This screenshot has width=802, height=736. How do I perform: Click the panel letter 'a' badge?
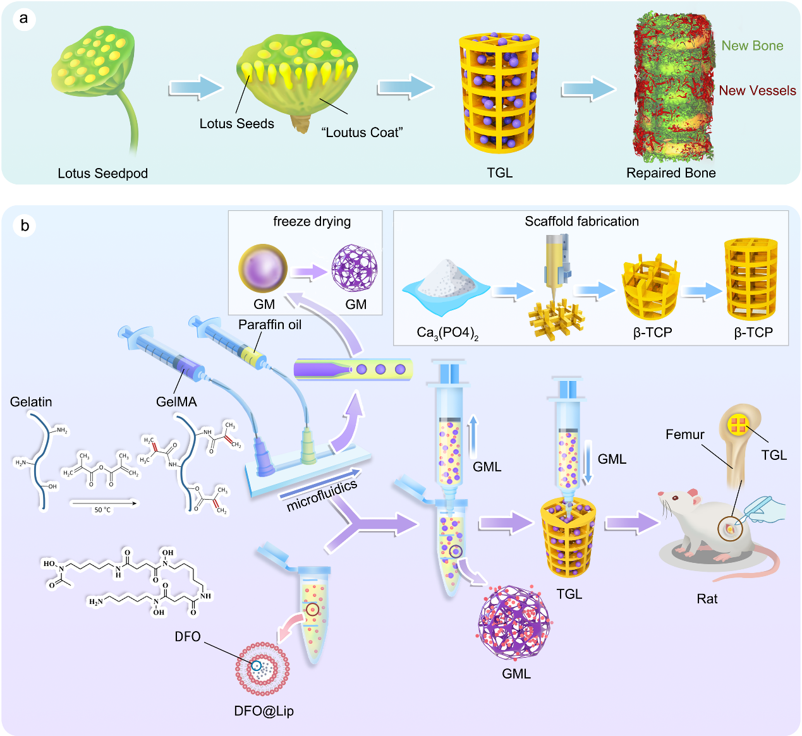click(x=24, y=18)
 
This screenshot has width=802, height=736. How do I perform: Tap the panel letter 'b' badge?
click(x=25, y=226)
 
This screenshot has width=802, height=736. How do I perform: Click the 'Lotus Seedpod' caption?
click(x=102, y=173)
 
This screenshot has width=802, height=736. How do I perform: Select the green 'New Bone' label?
click(x=752, y=45)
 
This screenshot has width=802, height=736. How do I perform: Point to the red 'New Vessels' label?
click(x=757, y=90)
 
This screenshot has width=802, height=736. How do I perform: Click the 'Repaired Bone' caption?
click(x=671, y=173)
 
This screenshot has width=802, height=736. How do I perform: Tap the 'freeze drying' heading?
click(x=312, y=222)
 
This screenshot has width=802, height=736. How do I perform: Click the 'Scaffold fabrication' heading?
click(x=581, y=222)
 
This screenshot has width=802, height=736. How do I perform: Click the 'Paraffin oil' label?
click(x=270, y=325)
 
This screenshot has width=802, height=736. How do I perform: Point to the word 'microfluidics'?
click(x=322, y=495)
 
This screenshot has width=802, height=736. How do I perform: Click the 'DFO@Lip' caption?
click(x=264, y=711)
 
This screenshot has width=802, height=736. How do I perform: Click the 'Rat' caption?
click(x=707, y=599)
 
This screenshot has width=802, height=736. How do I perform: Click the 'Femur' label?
click(x=684, y=435)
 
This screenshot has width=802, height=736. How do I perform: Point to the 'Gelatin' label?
click(x=31, y=402)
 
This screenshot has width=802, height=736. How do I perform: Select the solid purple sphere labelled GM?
click(x=263, y=269)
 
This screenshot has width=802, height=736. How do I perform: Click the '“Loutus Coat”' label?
click(x=362, y=133)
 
